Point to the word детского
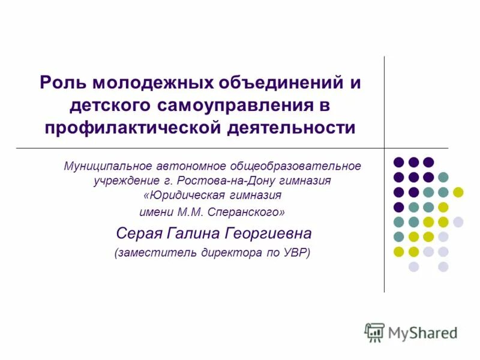coord(110,106)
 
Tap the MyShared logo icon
coord(374,332)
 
